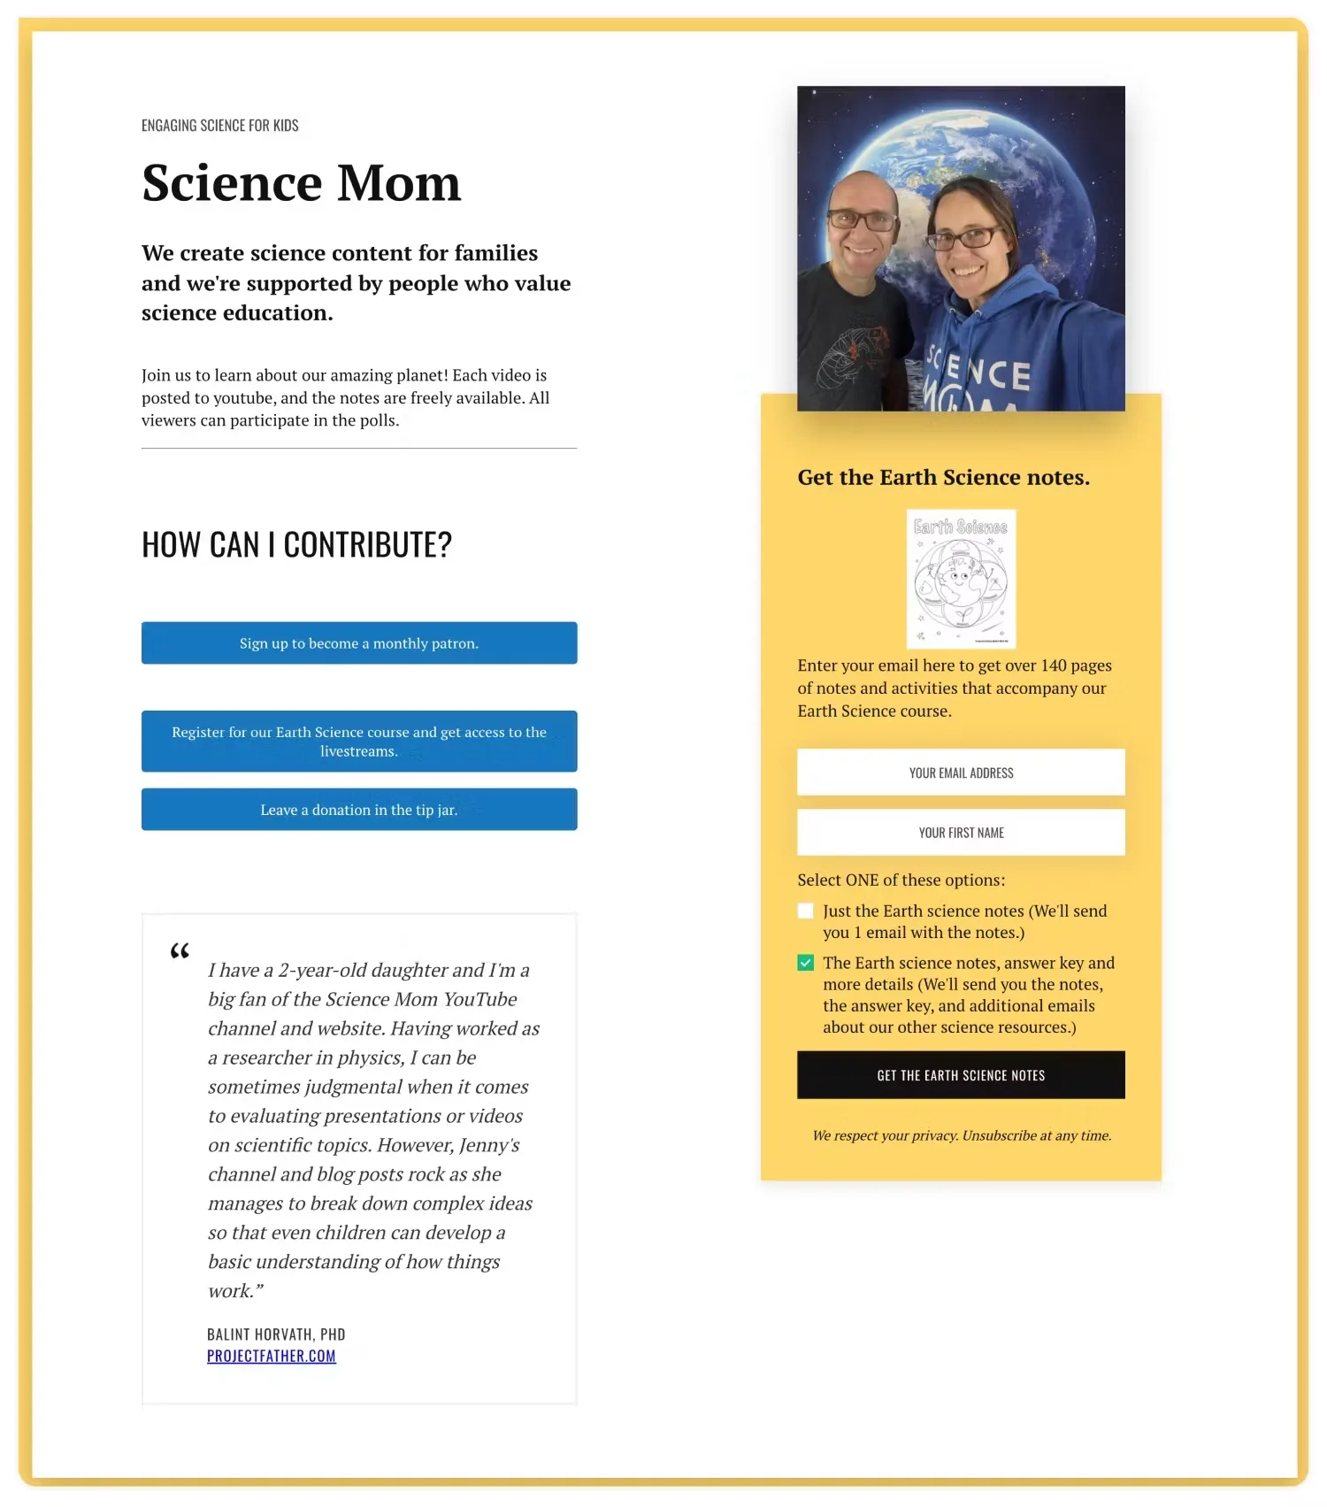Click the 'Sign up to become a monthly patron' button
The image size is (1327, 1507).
[x=359, y=643]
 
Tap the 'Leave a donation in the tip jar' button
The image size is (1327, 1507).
[x=359, y=810]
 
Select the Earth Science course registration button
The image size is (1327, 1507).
[x=359, y=742]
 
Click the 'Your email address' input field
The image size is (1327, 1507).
[x=961, y=773]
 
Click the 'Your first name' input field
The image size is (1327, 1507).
[x=961, y=833]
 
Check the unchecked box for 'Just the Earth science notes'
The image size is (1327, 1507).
[x=806, y=911]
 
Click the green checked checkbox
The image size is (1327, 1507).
[x=806, y=963]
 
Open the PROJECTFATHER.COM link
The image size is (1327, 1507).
[x=272, y=1357]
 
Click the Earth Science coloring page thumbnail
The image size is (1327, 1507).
[x=961, y=579]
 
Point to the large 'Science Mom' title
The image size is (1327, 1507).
[x=302, y=183]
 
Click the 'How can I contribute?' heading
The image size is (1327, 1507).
[x=297, y=545]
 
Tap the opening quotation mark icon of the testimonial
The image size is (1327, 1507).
[x=180, y=952]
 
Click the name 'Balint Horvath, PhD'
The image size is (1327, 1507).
[x=276, y=1334]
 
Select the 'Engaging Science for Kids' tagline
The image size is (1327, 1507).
[x=220, y=126]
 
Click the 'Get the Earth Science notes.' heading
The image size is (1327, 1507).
[x=943, y=478]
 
